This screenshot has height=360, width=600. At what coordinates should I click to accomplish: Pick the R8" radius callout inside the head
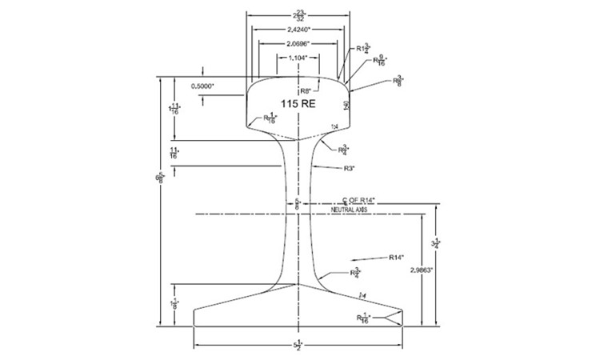click(305, 90)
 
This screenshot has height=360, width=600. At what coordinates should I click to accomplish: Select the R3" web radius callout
click(349, 168)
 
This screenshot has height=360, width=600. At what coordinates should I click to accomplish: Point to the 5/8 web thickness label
click(298, 203)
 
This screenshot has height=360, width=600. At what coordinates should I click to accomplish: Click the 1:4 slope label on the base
click(365, 296)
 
